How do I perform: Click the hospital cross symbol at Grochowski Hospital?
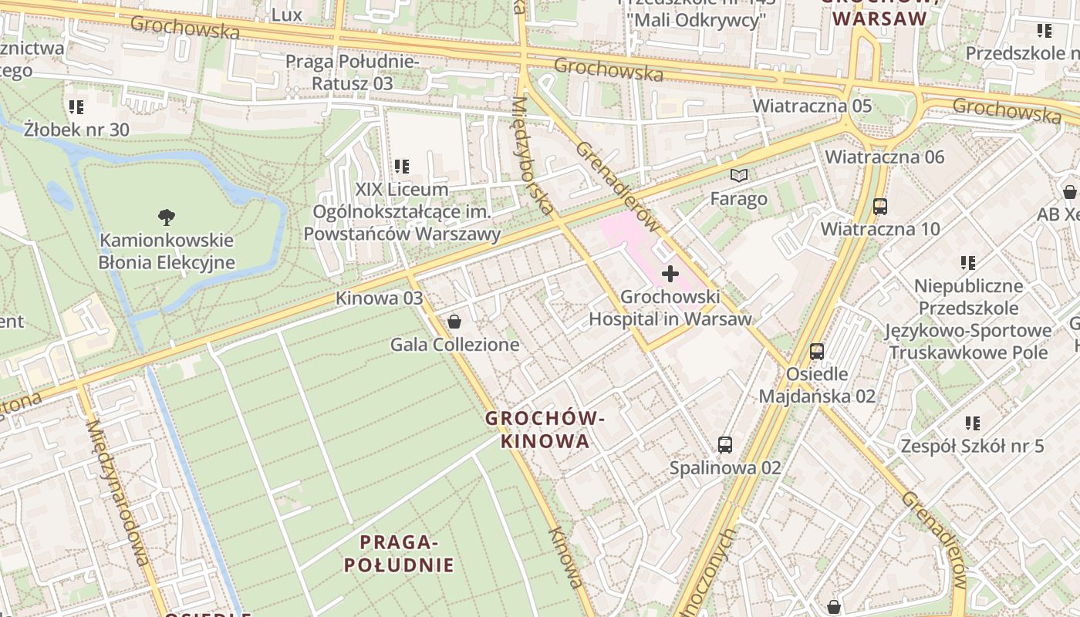(670, 273)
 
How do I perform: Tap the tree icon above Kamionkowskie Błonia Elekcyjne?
(166, 217)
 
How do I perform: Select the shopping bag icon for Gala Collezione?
(454, 321)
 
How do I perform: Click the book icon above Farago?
(739, 176)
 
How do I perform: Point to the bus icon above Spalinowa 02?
(725, 444)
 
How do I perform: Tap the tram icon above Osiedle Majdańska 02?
(817, 352)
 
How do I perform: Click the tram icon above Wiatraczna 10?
(880, 206)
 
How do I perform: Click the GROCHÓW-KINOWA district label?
(545, 430)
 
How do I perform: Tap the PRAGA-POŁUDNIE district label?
(399, 554)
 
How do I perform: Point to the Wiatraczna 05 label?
(812, 106)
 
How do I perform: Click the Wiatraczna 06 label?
(884, 157)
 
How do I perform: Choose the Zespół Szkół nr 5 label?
(972, 446)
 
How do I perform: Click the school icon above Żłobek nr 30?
(76, 106)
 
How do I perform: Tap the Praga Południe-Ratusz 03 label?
(352, 72)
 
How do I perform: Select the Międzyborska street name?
(532, 154)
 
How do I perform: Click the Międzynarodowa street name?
(116, 491)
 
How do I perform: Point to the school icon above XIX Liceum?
(401, 166)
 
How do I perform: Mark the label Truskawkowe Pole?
(968, 352)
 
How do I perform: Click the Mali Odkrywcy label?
(694, 20)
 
